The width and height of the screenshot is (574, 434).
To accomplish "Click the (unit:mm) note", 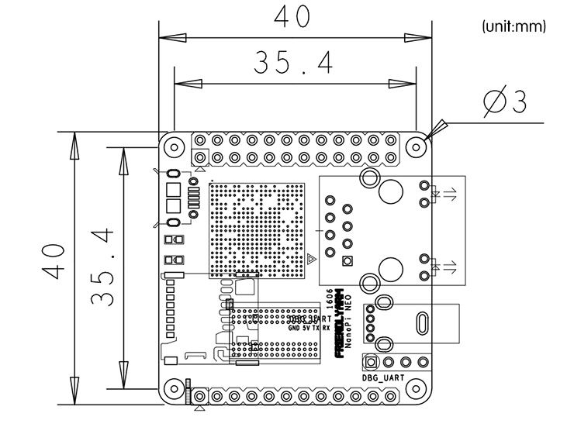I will point(514,26).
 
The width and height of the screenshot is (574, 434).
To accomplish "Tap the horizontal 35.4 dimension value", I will point(292,64).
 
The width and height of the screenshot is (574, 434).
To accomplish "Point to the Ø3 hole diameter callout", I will point(504,102).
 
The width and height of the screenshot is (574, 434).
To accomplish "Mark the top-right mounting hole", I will point(417,145).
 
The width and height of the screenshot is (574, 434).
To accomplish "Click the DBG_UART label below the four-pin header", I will point(383,377).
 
